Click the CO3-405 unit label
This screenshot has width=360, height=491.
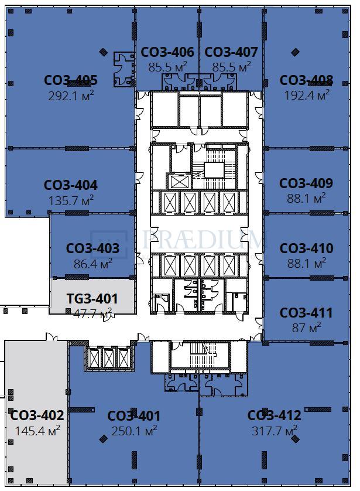click(x=71, y=80)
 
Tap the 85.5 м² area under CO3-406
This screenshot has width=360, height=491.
click(x=167, y=67)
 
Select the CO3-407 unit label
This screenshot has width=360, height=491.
click(x=231, y=52)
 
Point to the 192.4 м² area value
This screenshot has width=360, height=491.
click(x=307, y=95)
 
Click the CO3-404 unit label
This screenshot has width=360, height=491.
click(x=71, y=185)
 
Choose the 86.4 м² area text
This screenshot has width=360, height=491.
click(x=93, y=264)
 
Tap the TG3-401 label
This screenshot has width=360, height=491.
click(x=92, y=298)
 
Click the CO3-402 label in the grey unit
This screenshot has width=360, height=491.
click(x=37, y=415)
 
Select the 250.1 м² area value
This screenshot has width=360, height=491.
click(x=134, y=431)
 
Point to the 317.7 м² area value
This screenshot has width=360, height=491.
click(x=275, y=431)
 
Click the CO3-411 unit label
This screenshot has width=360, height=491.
click(x=306, y=312)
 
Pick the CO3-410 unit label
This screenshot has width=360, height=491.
click(x=307, y=248)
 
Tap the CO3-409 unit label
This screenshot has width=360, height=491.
click(x=306, y=183)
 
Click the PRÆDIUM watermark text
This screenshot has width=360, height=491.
click(x=202, y=240)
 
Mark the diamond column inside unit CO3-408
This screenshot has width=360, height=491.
click(x=295, y=52)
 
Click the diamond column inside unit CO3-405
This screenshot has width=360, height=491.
click(x=103, y=52)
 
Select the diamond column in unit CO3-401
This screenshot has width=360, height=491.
click(x=103, y=439)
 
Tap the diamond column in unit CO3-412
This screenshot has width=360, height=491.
click(x=295, y=439)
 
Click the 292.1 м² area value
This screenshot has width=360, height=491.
click(x=71, y=96)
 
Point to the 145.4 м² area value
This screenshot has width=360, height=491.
click(x=37, y=431)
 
